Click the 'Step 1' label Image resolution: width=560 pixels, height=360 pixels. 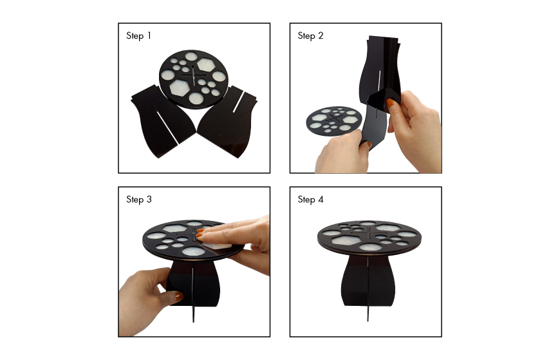(x=138, y=36)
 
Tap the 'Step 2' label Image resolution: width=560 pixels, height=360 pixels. (x=310, y=36)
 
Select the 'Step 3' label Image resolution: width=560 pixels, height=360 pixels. (x=139, y=200)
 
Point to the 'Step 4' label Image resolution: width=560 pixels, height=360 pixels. (x=310, y=200)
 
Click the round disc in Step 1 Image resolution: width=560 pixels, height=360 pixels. (x=193, y=79)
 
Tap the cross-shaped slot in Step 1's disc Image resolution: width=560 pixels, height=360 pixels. (x=193, y=76)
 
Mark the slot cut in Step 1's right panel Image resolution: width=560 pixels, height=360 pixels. (x=238, y=102)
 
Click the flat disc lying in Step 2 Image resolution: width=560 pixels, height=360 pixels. (x=333, y=121)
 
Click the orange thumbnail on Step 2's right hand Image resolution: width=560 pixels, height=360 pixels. (x=391, y=103)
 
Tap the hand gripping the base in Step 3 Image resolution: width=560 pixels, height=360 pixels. (x=146, y=300)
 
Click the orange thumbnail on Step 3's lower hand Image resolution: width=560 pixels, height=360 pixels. (x=178, y=296)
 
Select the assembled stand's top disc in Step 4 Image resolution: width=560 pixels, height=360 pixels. (x=369, y=238)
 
